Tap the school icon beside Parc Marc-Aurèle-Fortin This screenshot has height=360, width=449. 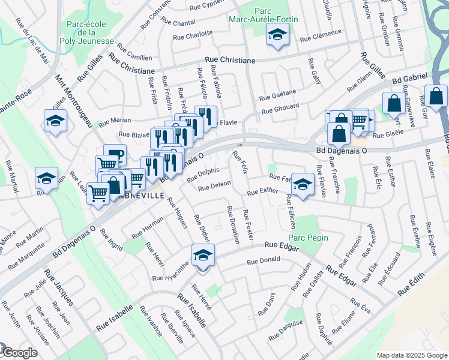(277, 37)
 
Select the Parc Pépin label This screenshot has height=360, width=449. (311, 238)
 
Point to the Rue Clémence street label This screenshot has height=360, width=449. (322, 34)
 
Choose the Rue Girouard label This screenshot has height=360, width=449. (280, 109)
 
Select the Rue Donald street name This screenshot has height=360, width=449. (264, 262)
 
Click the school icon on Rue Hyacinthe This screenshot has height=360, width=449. (203, 256)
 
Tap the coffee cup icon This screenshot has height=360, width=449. (115, 155)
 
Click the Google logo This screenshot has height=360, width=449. (19, 353)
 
